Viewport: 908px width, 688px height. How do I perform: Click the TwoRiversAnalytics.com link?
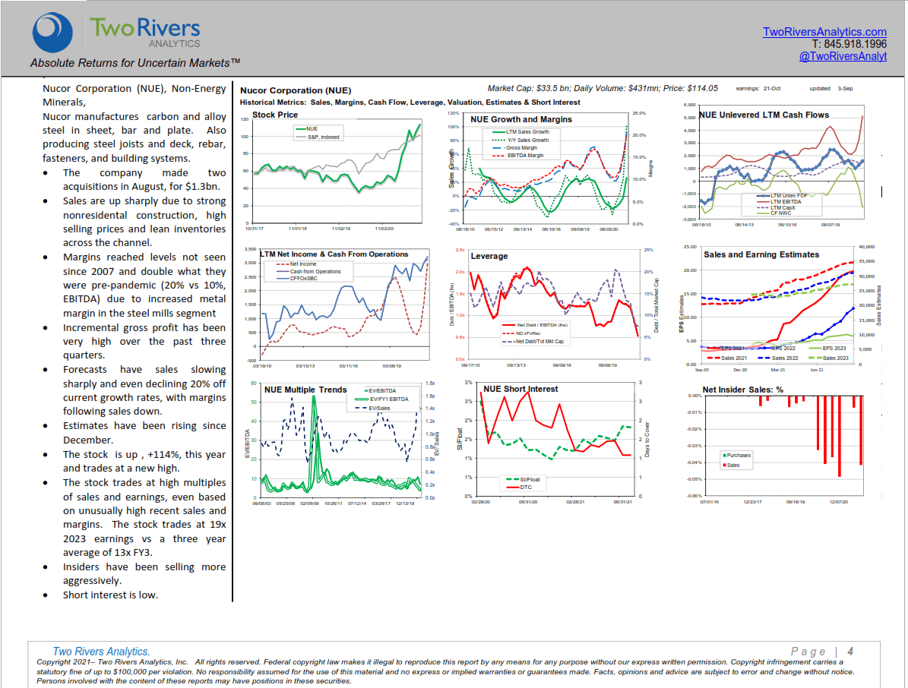point(824,32)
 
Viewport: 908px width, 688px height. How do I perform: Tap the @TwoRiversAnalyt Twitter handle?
point(843,56)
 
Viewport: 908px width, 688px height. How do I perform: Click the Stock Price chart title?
point(274,115)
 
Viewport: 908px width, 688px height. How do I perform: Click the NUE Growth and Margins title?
point(520,119)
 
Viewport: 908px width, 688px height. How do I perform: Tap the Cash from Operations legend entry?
point(315,271)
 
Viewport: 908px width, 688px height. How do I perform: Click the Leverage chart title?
point(489,256)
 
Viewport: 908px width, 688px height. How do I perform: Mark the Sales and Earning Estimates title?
point(761,254)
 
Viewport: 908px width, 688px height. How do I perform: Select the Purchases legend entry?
point(738,456)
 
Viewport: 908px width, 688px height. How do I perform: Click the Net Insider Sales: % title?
point(742,390)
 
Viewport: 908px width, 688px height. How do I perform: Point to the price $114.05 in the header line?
point(702,89)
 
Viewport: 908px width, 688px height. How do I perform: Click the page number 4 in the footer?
point(850,651)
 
